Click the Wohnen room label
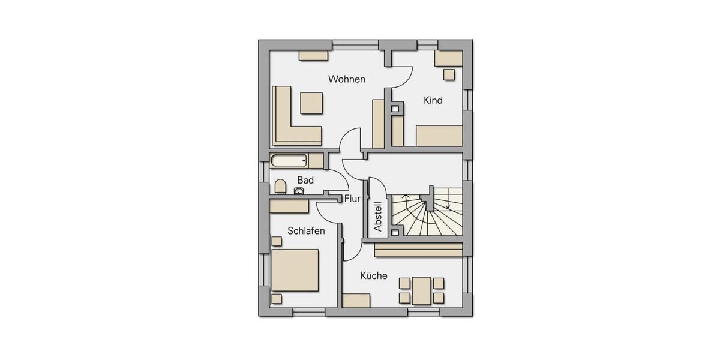(x=346, y=79)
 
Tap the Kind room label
(x=433, y=101)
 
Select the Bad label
(x=305, y=180)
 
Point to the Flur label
(x=352, y=199)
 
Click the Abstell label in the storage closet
(x=378, y=217)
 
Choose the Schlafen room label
(x=306, y=230)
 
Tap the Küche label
(x=373, y=276)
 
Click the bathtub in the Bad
(x=289, y=161)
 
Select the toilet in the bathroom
(x=280, y=187)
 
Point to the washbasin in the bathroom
(x=299, y=191)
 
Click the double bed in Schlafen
(x=295, y=270)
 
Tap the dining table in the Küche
(x=421, y=290)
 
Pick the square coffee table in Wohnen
(x=311, y=103)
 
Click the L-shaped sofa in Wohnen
(x=287, y=129)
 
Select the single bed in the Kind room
(x=439, y=135)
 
